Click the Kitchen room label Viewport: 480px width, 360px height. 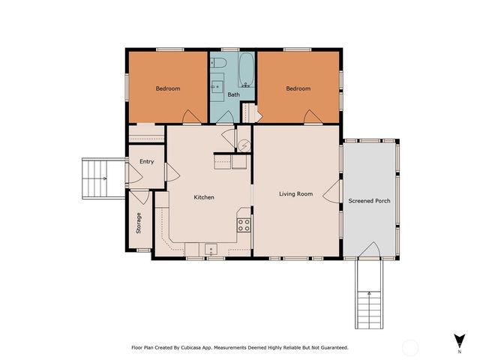[x=204, y=197]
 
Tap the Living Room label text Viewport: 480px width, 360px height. [x=295, y=194]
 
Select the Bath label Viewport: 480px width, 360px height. [x=233, y=94]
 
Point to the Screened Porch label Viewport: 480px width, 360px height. [x=368, y=201]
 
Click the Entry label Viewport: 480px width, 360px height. [x=146, y=162]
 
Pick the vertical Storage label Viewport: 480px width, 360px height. [x=139, y=223]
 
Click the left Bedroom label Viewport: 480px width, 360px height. [x=168, y=88]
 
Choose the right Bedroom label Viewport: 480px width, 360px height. [x=298, y=88]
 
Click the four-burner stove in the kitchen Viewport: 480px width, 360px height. [x=244, y=223]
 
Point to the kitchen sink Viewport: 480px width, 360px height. [x=211, y=248]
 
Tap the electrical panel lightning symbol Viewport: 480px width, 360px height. [x=244, y=145]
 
